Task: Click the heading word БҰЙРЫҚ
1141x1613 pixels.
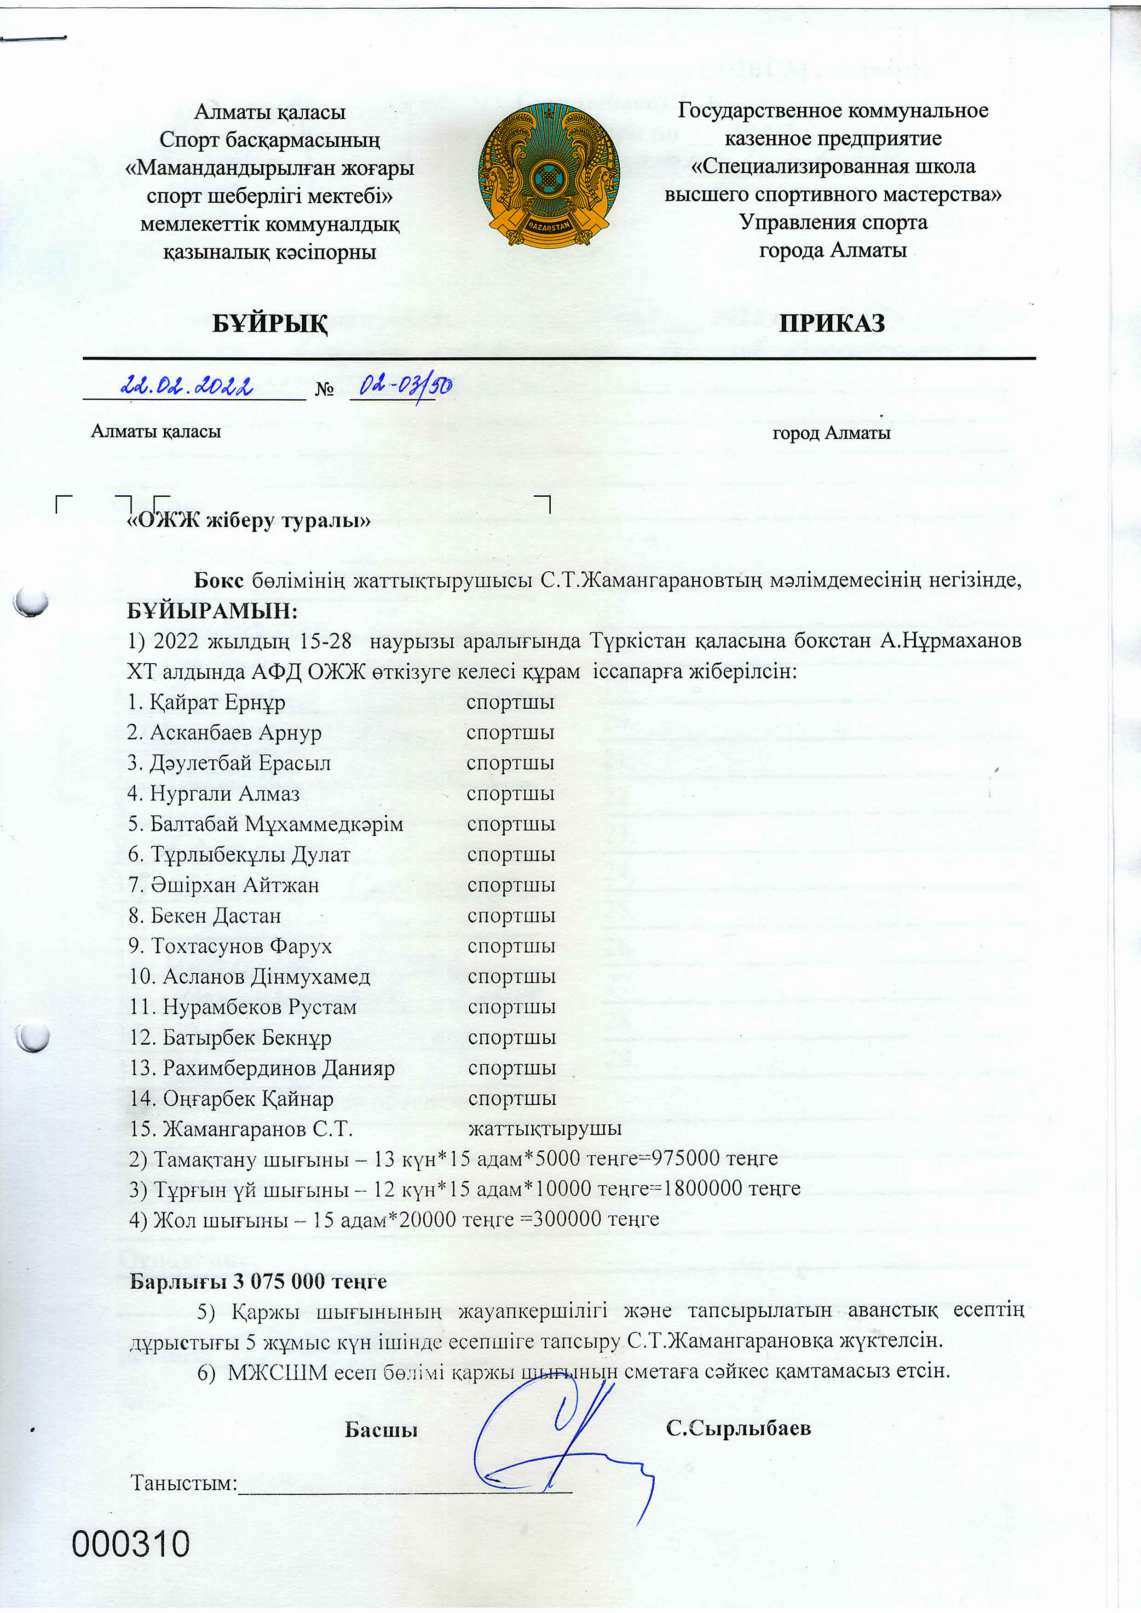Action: click(x=270, y=324)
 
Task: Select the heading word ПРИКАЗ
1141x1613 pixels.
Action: click(x=831, y=323)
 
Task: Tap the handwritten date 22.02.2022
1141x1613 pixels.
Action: click(x=187, y=386)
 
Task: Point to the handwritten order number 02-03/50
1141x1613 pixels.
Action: click(x=405, y=386)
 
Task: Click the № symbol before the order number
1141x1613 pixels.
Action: click(x=324, y=389)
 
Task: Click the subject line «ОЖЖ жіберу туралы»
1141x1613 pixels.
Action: click(x=248, y=521)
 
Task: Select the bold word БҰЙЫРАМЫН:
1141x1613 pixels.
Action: click(x=212, y=610)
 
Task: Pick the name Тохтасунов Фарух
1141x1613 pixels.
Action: click(x=241, y=946)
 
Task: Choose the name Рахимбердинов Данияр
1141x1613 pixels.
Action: click(x=278, y=1068)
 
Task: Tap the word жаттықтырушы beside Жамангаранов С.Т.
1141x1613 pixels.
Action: click(x=544, y=1129)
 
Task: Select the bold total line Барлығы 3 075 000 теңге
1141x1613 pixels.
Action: click(x=258, y=1281)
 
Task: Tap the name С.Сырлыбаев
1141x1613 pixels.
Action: click(x=738, y=1428)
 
